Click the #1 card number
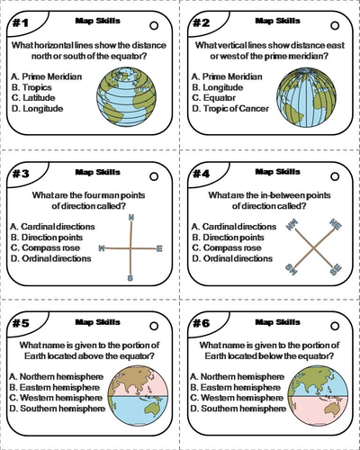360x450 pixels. pyautogui.click(x=21, y=22)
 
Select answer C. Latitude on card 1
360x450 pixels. pyautogui.click(x=33, y=98)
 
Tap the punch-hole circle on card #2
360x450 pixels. pyautogui.click(x=335, y=26)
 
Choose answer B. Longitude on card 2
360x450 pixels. pyautogui.click(x=218, y=87)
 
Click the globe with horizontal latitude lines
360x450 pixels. pyautogui.click(x=126, y=97)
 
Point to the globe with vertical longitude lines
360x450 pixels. pyautogui.click(x=306, y=97)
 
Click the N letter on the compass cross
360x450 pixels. pyautogui.click(x=131, y=218)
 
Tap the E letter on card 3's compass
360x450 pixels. pyautogui.click(x=159, y=248)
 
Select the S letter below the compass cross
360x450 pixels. pyautogui.click(x=130, y=278)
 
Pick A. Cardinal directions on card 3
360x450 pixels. pyautogui.click(x=52, y=227)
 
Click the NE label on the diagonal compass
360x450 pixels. pyautogui.click(x=335, y=224)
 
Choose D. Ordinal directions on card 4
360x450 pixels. pyautogui.click(x=232, y=258)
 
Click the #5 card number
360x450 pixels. pyautogui.click(x=21, y=323)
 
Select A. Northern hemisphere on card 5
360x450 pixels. pyautogui.click(x=57, y=376)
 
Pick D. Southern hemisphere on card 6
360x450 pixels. pyautogui.click(x=238, y=409)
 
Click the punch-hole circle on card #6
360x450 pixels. pyautogui.click(x=335, y=326)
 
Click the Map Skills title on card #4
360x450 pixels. pyautogui.click(x=277, y=172)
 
